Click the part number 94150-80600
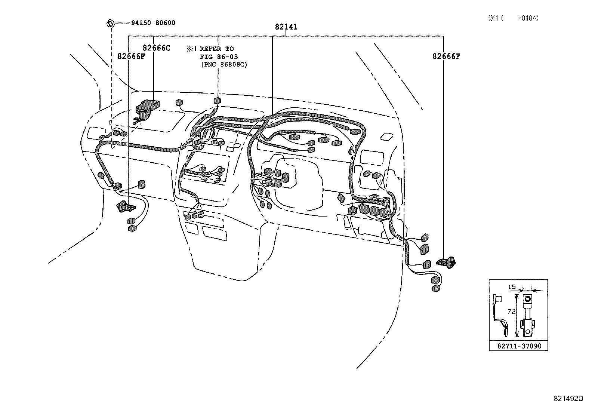153,23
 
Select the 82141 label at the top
286,27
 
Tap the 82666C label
156,48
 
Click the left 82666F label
131,56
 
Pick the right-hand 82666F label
446,56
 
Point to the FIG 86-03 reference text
219,57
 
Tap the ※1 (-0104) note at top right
513,18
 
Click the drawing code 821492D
568,398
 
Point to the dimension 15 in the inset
512,287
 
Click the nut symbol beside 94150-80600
110,23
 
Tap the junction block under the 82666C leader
147,108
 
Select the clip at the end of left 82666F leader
126,206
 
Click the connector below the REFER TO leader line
217,101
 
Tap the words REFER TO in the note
216,49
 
